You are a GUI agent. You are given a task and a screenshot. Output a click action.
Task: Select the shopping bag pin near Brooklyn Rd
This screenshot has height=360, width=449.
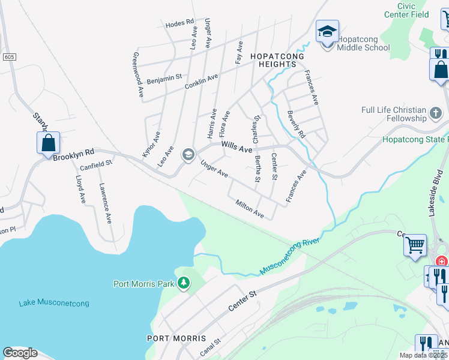point(49,143)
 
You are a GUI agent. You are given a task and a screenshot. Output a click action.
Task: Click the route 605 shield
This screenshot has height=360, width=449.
point(6,56)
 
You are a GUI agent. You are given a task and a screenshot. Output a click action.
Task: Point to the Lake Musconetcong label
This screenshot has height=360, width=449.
point(54,304)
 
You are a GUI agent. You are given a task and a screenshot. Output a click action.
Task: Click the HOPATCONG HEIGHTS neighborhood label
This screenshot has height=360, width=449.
point(277,56)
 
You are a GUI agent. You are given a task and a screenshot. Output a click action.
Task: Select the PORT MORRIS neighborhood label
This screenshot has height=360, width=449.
point(177,338)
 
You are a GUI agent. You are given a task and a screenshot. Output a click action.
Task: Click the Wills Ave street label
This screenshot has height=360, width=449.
point(237,146)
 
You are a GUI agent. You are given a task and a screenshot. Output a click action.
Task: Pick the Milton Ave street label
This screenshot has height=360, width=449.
point(250,209)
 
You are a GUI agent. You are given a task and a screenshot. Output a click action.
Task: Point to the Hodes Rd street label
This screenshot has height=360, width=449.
point(180,22)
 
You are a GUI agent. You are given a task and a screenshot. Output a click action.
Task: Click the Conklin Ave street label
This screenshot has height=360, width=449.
point(202,82)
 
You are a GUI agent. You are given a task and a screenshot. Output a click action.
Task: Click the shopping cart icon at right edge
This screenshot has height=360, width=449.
point(415,245)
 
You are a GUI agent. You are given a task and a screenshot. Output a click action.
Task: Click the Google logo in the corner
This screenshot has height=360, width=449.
point(20,353)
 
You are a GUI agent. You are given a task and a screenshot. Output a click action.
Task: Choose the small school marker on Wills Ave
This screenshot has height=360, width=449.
point(188,155)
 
